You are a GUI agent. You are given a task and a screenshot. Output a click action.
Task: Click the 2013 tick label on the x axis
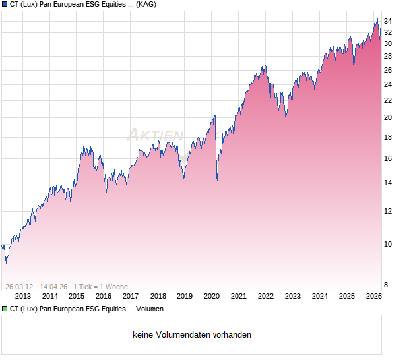coord(22,297)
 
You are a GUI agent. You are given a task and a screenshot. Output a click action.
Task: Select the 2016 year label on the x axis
coord(104,297)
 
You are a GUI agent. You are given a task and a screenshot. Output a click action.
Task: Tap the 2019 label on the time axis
coord(184,297)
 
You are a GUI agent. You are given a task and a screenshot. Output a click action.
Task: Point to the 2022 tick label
coord(265,297)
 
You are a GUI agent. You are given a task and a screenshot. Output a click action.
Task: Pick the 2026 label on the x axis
coord(373,297)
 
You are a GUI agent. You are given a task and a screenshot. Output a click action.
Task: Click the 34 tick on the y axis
coord(388,21)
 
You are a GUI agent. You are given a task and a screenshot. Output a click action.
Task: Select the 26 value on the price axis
coord(388,70)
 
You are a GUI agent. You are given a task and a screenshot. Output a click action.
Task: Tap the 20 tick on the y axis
coord(388,117)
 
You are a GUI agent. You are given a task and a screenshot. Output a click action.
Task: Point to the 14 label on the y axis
coord(388,183)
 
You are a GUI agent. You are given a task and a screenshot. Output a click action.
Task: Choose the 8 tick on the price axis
coord(386,285)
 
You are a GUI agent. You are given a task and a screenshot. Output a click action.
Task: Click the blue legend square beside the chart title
coord(5,5)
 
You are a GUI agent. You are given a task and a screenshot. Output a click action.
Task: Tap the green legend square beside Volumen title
coord(5,309)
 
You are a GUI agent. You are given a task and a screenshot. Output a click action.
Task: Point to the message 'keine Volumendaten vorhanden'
coord(192,335)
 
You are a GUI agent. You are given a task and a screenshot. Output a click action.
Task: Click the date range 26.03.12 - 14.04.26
coord(36,287)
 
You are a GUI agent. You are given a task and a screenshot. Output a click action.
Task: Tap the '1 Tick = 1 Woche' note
coord(100,287)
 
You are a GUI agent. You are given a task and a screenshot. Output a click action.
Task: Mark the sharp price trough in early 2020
coord(217,179)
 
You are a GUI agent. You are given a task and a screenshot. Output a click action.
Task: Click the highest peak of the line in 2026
coord(377,19)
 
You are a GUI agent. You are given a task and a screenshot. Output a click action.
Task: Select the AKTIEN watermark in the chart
coord(156,135)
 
